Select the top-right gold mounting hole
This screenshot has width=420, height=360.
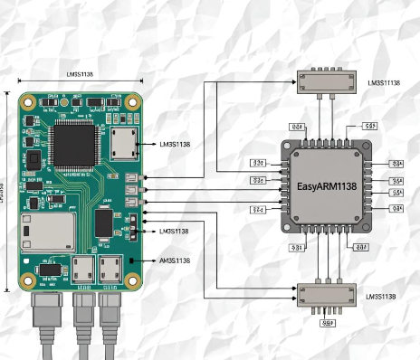132,101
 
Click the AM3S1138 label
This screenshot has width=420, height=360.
175,261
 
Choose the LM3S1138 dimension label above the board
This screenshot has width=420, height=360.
81,74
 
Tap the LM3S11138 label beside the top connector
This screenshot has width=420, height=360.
384,83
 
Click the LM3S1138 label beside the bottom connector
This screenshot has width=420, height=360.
382,296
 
